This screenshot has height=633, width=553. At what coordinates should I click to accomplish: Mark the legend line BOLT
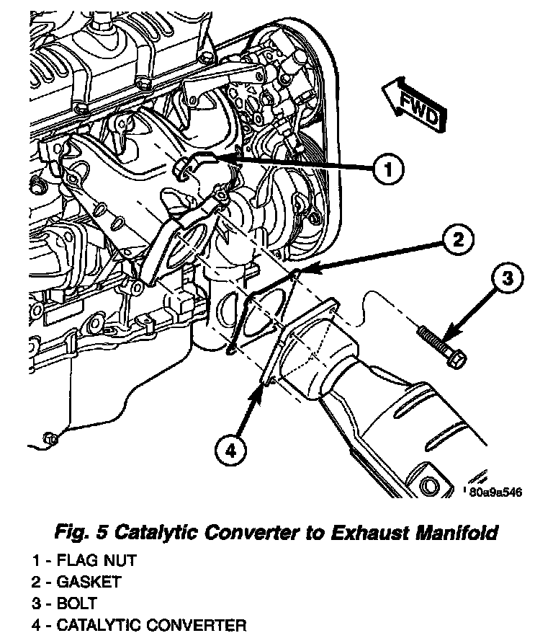click(x=68, y=603)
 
